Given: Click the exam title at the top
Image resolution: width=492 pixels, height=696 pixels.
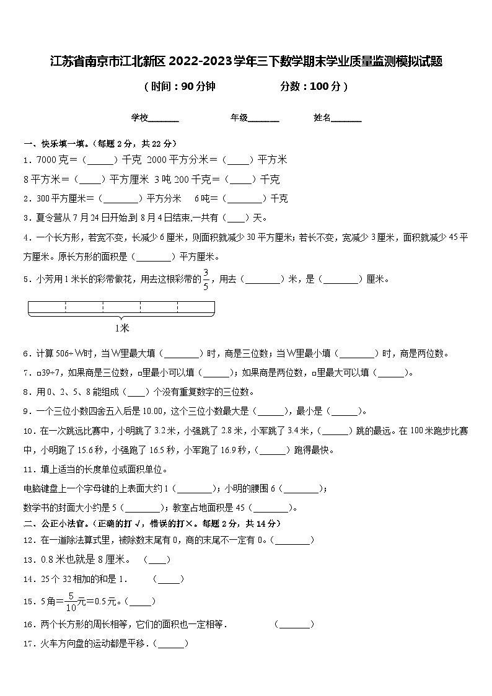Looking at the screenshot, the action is (x=246, y=61).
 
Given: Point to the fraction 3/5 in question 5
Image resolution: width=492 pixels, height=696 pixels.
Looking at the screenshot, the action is (x=206, y=280).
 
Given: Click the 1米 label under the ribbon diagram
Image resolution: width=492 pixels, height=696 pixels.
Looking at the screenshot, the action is (x=122, y=328).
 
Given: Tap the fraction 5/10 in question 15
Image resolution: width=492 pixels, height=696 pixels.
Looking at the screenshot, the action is (x=71, y=601).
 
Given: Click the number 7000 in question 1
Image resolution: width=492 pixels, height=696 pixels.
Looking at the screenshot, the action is (x=47, y=161).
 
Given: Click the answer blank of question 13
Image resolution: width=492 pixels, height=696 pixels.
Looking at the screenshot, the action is (x=157, y=560).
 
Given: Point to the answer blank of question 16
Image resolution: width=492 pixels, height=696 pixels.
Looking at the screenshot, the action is (x=294, y=625).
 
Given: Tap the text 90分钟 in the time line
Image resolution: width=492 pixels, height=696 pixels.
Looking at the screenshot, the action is (x=198, y=87).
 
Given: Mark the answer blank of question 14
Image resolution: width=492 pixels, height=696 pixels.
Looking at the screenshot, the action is (x=169, y=579).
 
